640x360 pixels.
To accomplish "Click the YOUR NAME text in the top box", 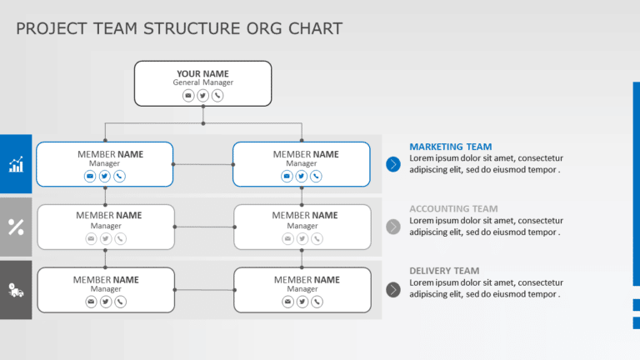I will pyautogui.click(x=202, y=73).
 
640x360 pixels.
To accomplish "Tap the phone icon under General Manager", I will pyautogui.click(x=217, y=96).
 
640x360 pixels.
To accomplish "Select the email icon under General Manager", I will pyautogui.click(x=188, y=96).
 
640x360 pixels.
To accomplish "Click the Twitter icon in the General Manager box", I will pyautogui.click(x=202, y=96).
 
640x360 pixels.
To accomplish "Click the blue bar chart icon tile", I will pyautogui.click(x=16, y=164).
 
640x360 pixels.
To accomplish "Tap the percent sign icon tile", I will pyautogui.click(x=16, y=227).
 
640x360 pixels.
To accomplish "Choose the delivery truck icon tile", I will pyautogui.click(x=16, y=290).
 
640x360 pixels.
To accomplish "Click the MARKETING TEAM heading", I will pyautogui.click(x=450, y=147).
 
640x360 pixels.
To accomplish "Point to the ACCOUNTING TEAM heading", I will pyautogui.click(x=453, y=209).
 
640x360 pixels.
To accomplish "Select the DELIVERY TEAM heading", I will pyautogui.click(x=444, y=271).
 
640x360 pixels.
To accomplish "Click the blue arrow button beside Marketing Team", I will pyautogui.click(x=393, y=164).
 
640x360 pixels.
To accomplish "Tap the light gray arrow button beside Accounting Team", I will pyautogui.click(x=393, y=227).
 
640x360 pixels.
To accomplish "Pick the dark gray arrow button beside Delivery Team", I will pyautogui.click(x=393, y=289).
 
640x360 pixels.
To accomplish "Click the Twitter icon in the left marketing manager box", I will pyautogui.click(x=105, y=176).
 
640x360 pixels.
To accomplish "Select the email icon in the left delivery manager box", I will pyautogui.click(x=91, y=302).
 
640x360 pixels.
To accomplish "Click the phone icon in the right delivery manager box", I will pyautogui.click(x=317, y=302).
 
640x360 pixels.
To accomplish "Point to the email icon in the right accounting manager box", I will pyautogui.click(x=287, y=238).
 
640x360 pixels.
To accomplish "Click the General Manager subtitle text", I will pyautogui.click(x=202, y=83).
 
